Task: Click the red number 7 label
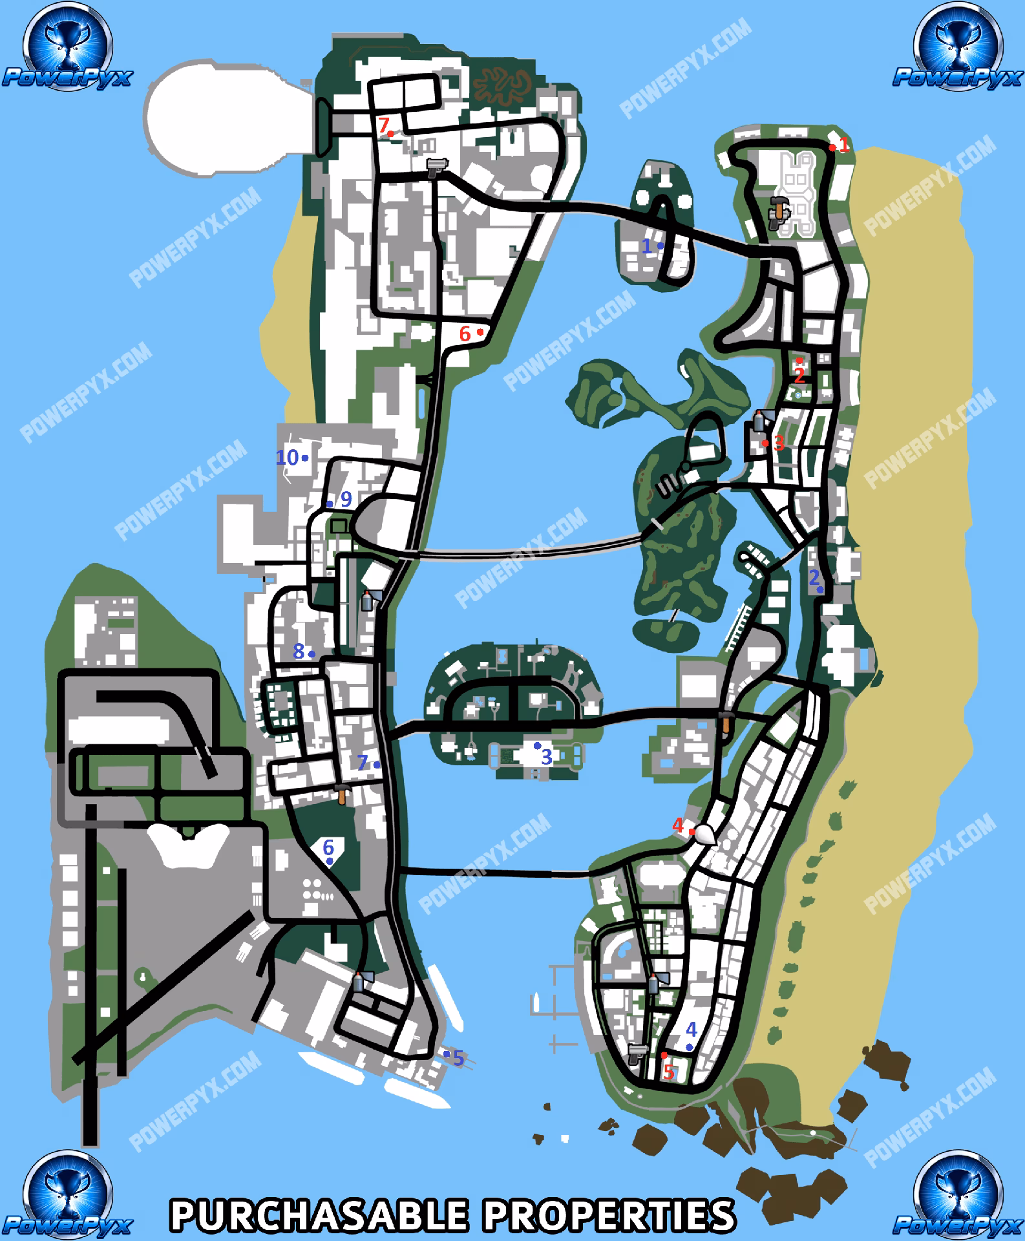(384, 124)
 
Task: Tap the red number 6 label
(465, 334)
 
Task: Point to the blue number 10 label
(288, 458)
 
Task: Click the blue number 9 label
(346, 499)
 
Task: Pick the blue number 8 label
(299, 652)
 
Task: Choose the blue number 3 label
(546, 756)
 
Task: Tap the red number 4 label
(678, 825)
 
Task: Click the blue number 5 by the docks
(458, 1059)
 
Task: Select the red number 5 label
(669, 1072)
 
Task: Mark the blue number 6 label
(328, 847)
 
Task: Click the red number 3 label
(779, 443)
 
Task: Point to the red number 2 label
(799, 375)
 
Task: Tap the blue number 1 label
(646, 246)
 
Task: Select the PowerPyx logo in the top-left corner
(66, 48)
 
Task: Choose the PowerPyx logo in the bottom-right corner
(958, 1193)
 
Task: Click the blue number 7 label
(363, 763)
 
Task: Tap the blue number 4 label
(691, 1029)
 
